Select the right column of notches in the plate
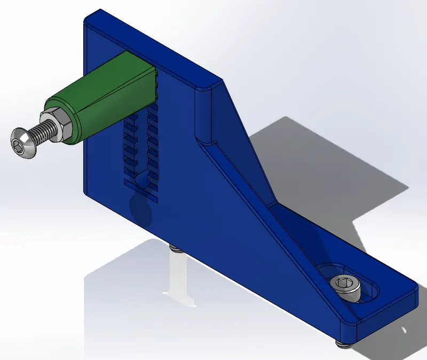(153, 144)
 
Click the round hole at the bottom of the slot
(141, 184)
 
